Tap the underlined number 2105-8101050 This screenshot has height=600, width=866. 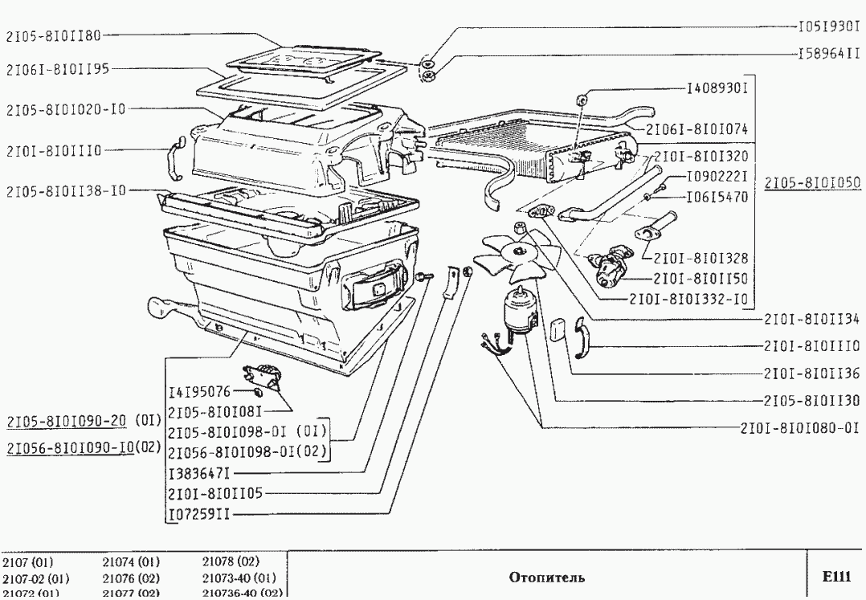(x=811, y=182)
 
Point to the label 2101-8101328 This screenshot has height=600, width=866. (x=701, y=259)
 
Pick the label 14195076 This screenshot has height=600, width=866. (x=199, y=393)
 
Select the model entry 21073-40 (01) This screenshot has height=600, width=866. (x=238, y=578)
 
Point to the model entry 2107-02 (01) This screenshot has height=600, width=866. (x=35, y=578)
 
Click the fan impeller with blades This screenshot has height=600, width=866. (x=506, y=254)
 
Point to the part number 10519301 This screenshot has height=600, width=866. (x=828, y=27)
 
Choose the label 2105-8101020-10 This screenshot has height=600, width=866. (x=66, y=108)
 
